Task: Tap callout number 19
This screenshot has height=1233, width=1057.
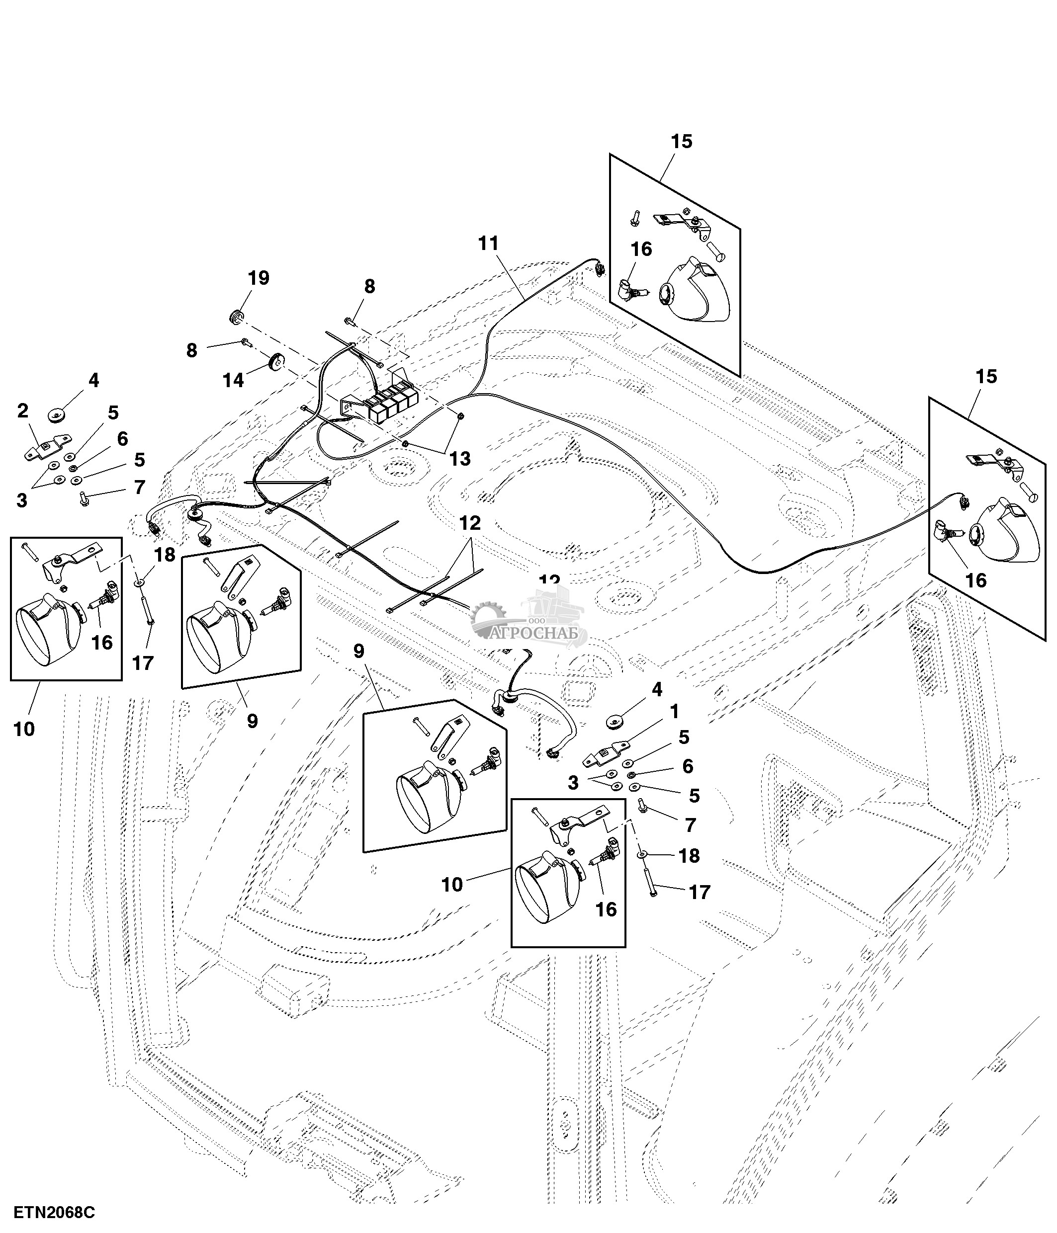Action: coord(259,278)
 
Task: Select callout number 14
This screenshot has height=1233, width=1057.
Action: coord(233,380)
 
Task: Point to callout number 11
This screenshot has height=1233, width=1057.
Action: coord(488,244)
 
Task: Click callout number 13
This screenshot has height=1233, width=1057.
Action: coord(460,458)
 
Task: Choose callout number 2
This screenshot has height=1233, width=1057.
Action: coord(22,411)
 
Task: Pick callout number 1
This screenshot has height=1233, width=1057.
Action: coord(674,711)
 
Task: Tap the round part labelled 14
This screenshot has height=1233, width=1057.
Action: coord(275,362)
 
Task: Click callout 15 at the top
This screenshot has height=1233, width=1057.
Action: coord(682,142)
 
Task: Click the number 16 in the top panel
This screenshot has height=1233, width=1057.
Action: coord(641,249)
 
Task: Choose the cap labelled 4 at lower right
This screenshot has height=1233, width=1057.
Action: coord(613,722)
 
